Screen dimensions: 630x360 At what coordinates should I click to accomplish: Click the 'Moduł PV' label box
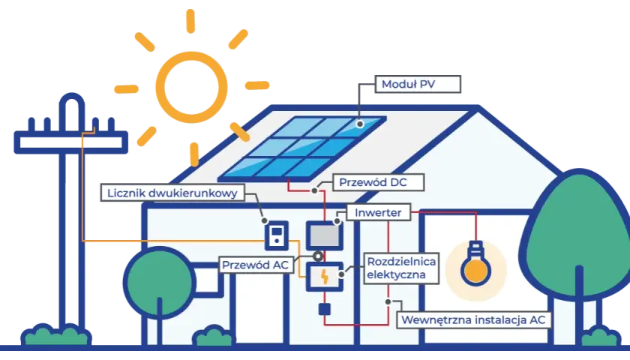[x=418, y=84]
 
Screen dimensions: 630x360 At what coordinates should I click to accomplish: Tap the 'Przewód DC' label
[x=379, y=182]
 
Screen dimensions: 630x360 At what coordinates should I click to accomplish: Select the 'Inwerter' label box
[x=378, y=212]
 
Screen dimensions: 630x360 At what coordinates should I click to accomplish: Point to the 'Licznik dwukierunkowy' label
[x=172, y=193]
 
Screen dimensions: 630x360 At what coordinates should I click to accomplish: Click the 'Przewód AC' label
[x=256, y=265]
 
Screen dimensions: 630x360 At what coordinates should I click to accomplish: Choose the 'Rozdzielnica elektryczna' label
[x=401, y=268]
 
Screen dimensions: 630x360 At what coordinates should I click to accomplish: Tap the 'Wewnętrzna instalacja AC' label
[x=474, y=319]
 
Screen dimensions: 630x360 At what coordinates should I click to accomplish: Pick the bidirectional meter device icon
[x=277, y=235]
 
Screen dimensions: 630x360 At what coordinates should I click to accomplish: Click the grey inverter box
[x=324, y=235]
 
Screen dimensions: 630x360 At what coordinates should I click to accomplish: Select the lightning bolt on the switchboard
[x=324, y=277]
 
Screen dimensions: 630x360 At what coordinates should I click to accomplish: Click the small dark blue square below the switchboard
[x=324, y=309]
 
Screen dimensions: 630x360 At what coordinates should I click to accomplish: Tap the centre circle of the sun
[x=191, y=87]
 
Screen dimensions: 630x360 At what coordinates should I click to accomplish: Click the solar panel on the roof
[x=302, y=148]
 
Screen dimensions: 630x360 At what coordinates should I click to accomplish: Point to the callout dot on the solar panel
[x=360, y=124]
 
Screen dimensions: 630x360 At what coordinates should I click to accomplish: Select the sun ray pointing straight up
[x=190, y=21]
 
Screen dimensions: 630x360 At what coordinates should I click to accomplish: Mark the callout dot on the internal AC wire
[x=388, y=301]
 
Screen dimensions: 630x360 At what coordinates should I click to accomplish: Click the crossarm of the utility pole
[x=70, y=142]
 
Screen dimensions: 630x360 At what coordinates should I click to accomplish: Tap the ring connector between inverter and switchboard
[x=318, y=256]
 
